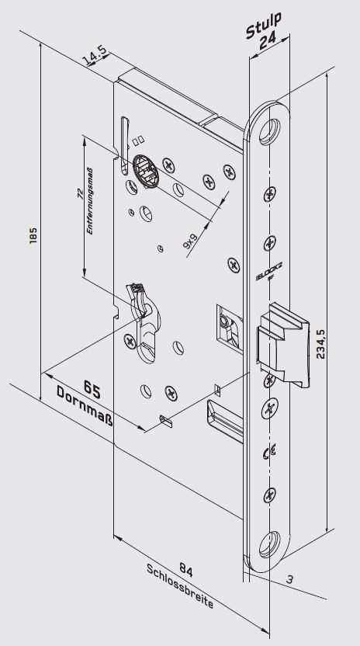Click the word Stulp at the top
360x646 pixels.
pos(264,26)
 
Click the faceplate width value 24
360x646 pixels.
pos(268,42)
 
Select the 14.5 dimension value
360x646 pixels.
pos(95,56)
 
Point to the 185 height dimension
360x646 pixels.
pos(33,235)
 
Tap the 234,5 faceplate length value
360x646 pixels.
pos(320,344)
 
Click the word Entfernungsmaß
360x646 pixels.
pos(89,201)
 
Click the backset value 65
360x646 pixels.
pos(92,389)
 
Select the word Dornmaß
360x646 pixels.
pos(85,406)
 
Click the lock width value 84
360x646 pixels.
pos(186,570)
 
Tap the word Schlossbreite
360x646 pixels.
pos(181,586)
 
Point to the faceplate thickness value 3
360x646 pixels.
pos(290,580)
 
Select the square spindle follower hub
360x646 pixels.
pos(146,171)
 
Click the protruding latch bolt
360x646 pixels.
pos(283,346)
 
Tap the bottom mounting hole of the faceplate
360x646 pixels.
pos(270,544)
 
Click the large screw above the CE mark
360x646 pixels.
pos(270,409)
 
